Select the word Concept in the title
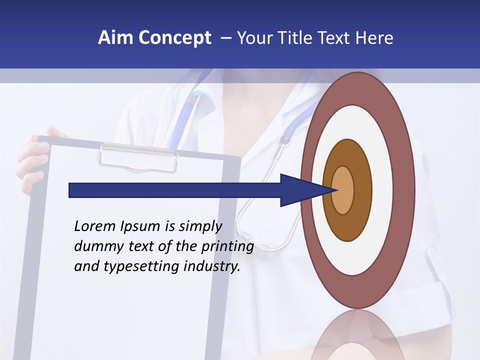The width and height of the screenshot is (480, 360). (175, 38)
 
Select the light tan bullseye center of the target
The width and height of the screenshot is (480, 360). (343, 190)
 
